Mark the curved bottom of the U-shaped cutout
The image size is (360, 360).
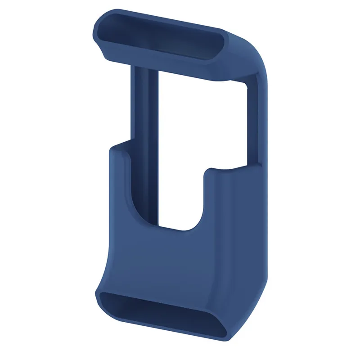[x=180, y=227]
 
